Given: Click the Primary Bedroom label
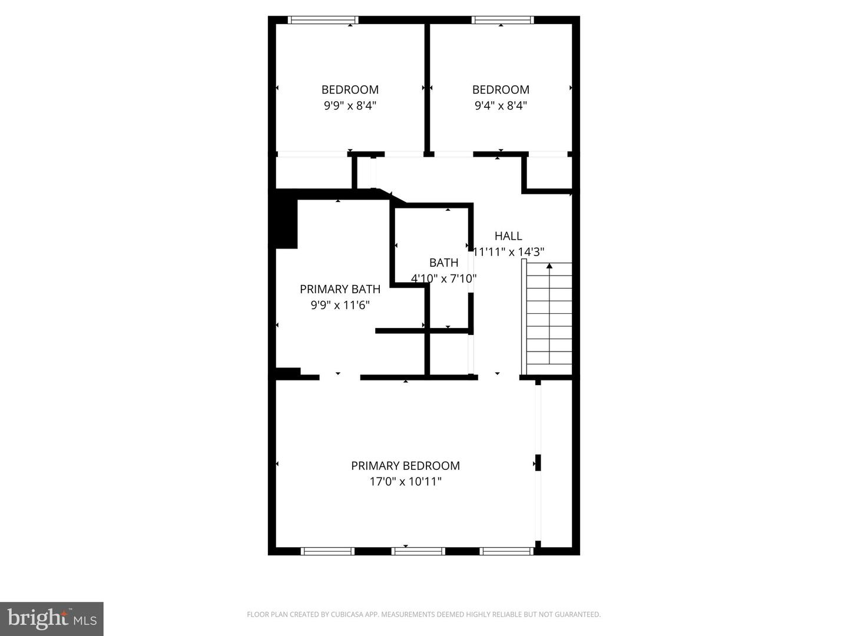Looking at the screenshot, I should [x=405, y=466].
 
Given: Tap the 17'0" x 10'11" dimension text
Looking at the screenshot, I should [x=405, y=482].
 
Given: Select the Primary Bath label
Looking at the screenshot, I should [x=340, y=289].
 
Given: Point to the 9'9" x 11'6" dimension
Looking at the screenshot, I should [x=340, y=305].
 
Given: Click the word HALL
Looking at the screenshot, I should [x=508, y=236].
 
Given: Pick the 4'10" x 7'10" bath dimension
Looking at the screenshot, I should [x=443, y=279].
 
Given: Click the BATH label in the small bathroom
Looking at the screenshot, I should [x=443, y=263].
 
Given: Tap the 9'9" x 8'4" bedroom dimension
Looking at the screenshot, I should [x=350, y=106].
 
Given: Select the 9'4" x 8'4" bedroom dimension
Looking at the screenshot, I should [x=501, y=106].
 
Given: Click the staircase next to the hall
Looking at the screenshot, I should [x=549, y=318].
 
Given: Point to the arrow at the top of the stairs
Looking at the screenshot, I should [x=549, y=266].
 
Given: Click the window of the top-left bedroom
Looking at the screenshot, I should [x=323, y=20].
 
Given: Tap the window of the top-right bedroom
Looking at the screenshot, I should [x=503, y=20].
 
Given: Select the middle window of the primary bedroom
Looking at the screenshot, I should [x=418, y=551].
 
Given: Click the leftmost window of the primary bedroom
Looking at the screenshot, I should [x=327, y=551].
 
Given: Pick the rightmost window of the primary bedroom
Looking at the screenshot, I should [x=507, y=551].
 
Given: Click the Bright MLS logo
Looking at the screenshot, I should [x=51, y=618].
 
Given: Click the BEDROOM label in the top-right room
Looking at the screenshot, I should [x=501, y=90].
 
